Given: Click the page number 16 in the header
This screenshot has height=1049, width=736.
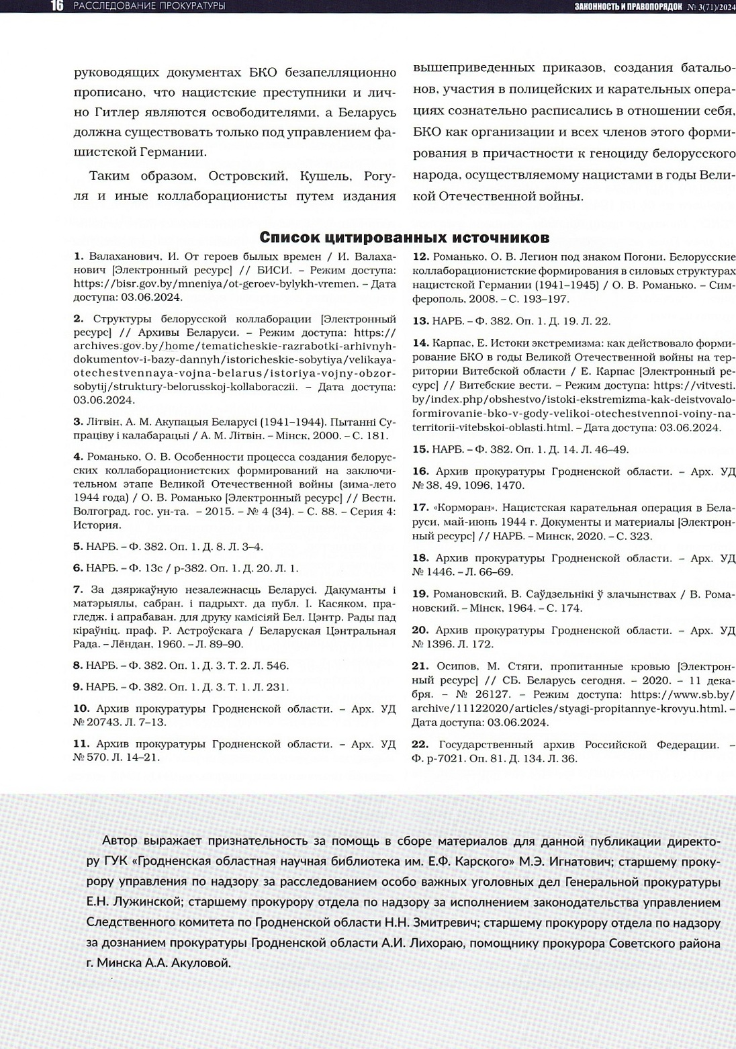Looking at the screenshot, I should click(x=56, y=6).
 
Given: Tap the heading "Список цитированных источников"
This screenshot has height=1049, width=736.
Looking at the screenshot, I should click(x=404, y=238).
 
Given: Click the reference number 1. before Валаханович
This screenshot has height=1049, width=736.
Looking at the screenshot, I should click(x=78, y=257).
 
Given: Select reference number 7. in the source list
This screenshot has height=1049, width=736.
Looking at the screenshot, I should click(x=78, y=590).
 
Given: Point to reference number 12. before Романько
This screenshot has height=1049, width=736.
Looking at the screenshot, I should click(x=420, y=257).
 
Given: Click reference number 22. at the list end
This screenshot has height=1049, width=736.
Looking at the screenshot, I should click(x=420, y=744).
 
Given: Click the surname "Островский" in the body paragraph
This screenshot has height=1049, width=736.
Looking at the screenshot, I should click(x=246, y=177).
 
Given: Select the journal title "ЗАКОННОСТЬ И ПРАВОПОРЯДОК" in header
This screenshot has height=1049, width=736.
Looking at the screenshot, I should click(x=628, y=7).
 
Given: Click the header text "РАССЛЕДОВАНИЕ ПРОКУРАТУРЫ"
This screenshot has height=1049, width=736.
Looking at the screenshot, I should click(x=148, y=7).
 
